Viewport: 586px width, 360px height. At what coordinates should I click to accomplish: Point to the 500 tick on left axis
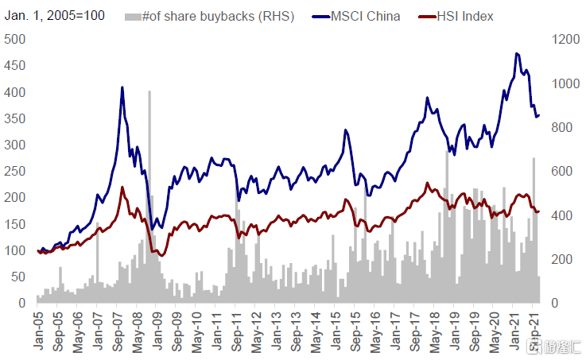(15, 41)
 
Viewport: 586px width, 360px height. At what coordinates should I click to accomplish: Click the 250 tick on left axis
(15, 172)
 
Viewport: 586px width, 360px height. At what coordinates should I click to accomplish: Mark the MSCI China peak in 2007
(122, 87)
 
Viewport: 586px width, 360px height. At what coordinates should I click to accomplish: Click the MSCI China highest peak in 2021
(518, 54)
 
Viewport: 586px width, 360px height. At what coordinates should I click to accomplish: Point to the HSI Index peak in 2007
(122, 188)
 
